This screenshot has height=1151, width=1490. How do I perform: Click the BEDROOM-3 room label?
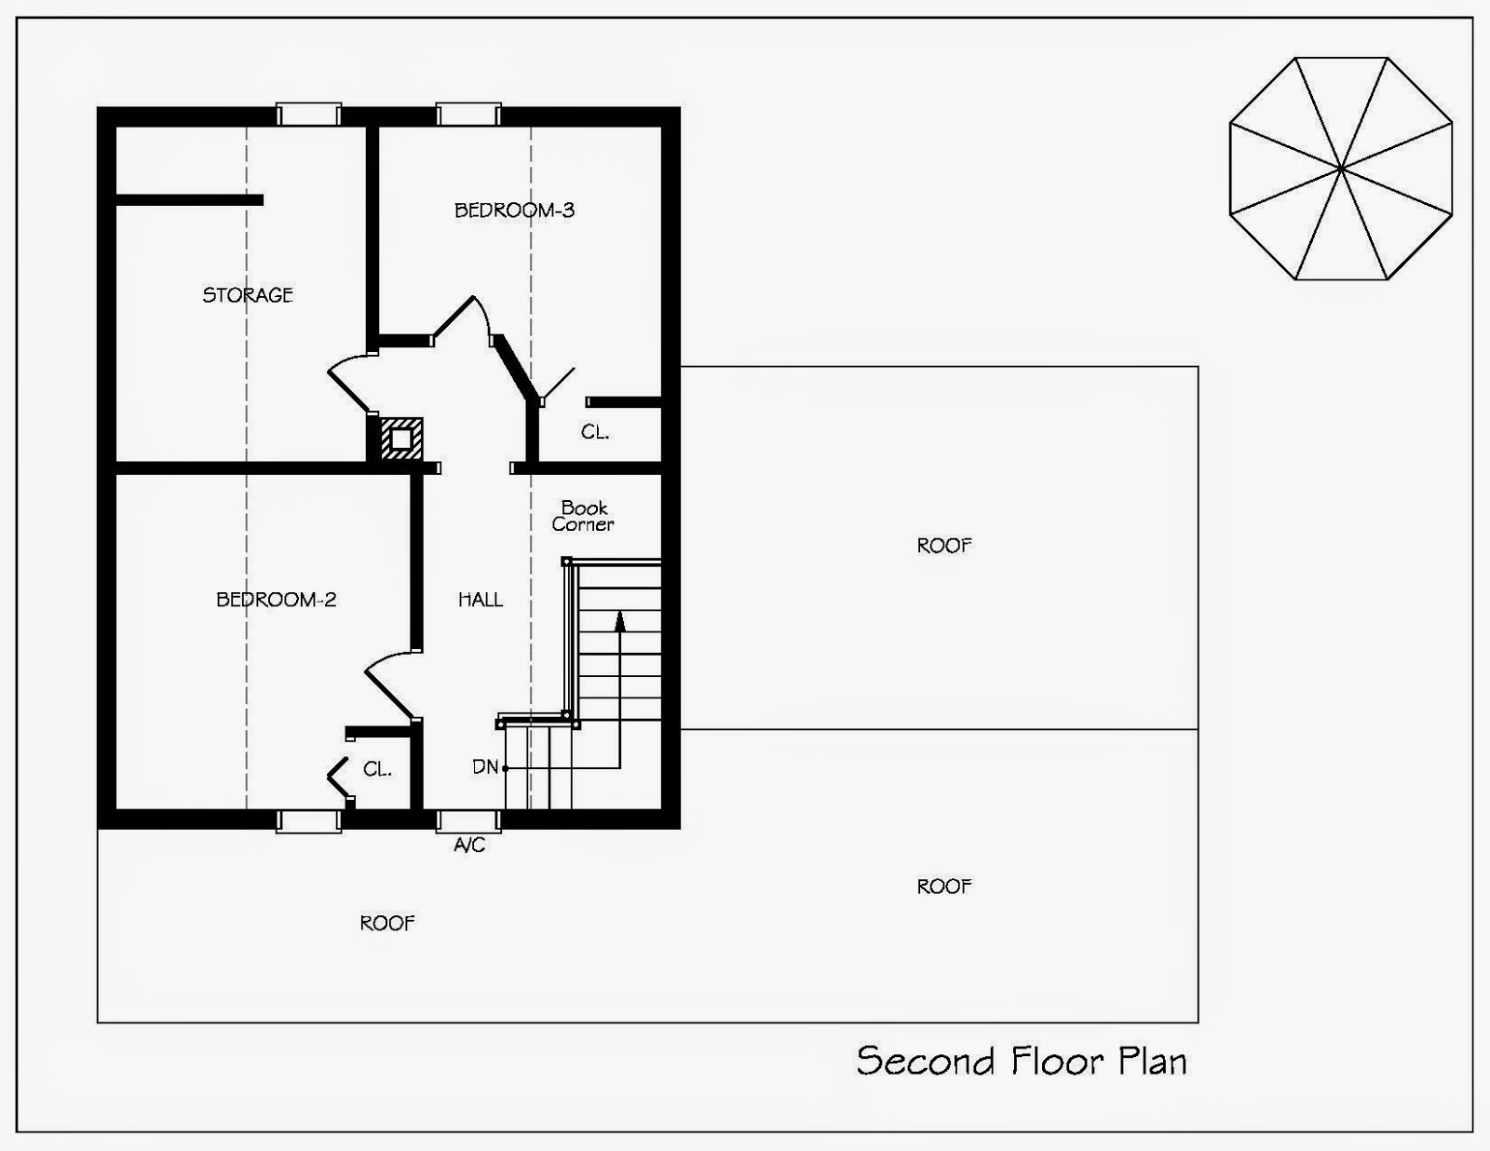pyautogui.click(x=514, y=210)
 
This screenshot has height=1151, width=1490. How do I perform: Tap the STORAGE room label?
pyautogui.click(x=248, y=295)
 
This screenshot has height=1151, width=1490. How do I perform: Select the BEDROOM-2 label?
pyautogui.click(x=276, y=600)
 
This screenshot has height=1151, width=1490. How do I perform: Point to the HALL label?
pyautogui.click(x=481, y=600)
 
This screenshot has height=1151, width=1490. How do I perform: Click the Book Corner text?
pyautogui.click(x=584, y=516)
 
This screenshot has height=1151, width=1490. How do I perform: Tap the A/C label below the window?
pyautogui.click(x=469, y=846)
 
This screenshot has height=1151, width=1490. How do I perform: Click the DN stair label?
pyautogui.click(x=485, y=767)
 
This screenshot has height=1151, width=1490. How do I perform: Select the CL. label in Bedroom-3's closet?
pyautogui.click(x=595, y=432)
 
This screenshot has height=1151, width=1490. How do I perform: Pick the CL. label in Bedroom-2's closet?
pyautogui.click(x=377, y=769)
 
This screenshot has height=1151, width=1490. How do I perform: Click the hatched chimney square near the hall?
pyautogui.click(x=400, y=439)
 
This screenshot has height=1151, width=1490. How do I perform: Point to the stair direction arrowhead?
pyautogui.click(x=619, y=619)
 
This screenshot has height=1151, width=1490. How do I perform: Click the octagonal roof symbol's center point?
pyautogui.click(x=1341, y=169)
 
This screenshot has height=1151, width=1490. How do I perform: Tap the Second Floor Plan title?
pyautogui.click(x=1022, y=1061)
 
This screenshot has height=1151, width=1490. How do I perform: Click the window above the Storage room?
pyautogui.click(x=308, y=115)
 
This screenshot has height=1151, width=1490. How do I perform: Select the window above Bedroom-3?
pyautogui.click(x=468, y=115)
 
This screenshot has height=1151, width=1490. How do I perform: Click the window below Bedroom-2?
pyautogui.click(x=308, y=819)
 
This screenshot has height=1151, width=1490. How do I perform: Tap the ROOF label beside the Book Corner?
pyautogui.click(x=944, y=546)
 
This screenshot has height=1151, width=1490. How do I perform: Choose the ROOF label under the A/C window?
pyautogui.click(x=387, y=923)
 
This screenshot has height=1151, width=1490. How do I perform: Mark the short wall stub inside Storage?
pyautogui.click(x=189, y=199)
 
